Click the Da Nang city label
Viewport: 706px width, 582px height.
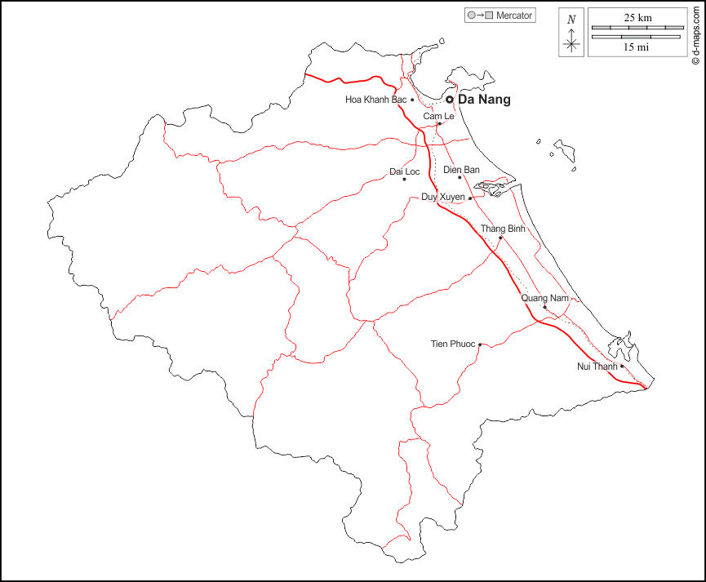(485, 100)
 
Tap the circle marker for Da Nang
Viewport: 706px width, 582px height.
(449, 100)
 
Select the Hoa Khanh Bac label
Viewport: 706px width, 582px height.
(375, 100)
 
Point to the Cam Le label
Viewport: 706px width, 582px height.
(438, 117)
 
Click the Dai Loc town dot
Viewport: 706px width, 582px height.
(404, 180)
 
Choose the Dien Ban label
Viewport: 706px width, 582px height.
(461, 170)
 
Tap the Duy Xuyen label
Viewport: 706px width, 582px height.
(442, 198)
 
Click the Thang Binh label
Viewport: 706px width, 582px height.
(503, 229)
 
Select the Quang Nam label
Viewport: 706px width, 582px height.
(544, 298)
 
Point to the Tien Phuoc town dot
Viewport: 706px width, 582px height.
(480, 344)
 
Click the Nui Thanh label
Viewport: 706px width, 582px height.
(597, 367)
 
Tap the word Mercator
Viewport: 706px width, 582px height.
(514, 16)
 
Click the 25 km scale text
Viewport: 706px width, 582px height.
(637, 17)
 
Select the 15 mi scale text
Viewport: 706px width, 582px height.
(637, 47)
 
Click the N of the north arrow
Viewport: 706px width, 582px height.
(571, 20)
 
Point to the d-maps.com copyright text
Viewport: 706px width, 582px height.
(695, 33)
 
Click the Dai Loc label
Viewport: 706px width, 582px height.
(404, 171)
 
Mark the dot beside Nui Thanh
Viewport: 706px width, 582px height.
(622, 367)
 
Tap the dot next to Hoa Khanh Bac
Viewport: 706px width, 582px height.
(412, 100)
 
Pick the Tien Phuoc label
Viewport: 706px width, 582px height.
(453, 344)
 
